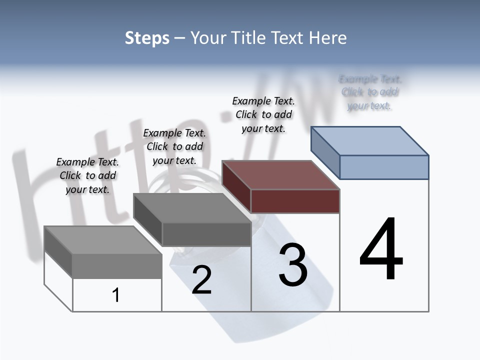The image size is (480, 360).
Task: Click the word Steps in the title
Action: click(147, 38)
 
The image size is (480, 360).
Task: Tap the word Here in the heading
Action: click(327, 38)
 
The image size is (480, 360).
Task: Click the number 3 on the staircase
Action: click(293, 265)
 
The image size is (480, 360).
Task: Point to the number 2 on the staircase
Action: click(201, 280)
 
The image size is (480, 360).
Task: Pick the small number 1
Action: click(116, 295)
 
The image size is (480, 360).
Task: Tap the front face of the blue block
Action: click(384, 167)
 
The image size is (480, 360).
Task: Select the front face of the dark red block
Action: click(295, 201)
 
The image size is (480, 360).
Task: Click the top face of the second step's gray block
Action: click(192, 208)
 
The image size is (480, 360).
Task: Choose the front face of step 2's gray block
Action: click(206, 234)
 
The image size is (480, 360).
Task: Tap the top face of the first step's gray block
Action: click(103, 240)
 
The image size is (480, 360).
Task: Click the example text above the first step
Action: click(87, 175)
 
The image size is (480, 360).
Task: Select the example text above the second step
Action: click(174, 146)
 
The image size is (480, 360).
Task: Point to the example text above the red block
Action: click(263, 114)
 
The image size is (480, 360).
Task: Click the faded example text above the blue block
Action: click(370, 92)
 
